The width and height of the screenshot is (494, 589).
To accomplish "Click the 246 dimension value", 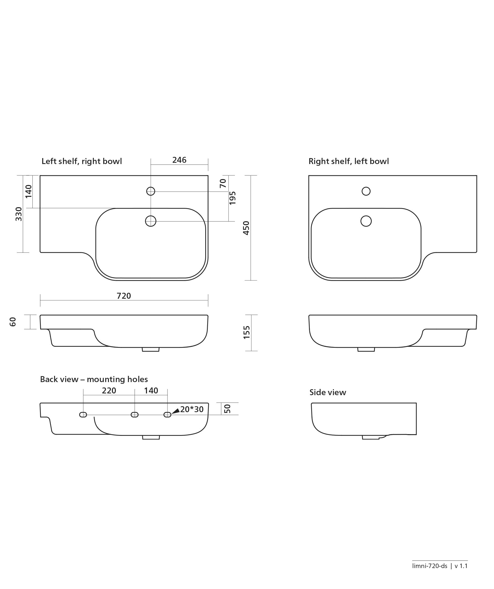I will point(179,160).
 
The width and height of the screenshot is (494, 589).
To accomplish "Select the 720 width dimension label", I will point(124,296).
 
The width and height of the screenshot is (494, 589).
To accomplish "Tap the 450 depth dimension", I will point(246,228).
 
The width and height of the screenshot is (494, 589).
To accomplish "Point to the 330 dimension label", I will point(19,214).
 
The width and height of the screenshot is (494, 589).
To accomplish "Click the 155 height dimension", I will point(246,332).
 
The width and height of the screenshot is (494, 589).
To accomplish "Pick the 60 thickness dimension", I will point(13,322).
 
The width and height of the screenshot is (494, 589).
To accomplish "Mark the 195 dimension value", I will point(232,198).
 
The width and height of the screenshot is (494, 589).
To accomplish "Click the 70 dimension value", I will point(223,184).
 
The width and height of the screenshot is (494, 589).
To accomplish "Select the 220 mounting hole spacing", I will point(109,390).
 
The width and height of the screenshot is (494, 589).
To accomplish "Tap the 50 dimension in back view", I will point(227,409).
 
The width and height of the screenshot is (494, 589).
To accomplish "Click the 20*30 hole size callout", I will point(192,409).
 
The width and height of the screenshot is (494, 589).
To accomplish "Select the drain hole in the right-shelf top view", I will point(366,221).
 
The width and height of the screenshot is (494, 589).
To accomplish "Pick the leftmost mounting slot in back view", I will point(83,415).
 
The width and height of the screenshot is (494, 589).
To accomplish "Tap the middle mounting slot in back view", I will point(135,415).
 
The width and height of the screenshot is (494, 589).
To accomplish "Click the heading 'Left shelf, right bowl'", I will point(82,161).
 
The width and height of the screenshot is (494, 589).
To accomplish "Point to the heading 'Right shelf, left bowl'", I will point(349,161).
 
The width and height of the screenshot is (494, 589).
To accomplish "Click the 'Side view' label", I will point(328,392).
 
